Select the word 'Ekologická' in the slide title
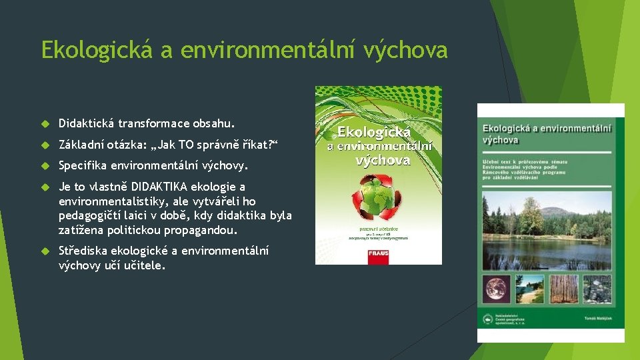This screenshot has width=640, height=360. (97, 50)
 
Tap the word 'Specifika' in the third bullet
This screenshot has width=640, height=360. (82, 165)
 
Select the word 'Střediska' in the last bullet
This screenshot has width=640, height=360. (83, 251)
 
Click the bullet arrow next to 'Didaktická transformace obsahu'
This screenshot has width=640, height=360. (46, 124)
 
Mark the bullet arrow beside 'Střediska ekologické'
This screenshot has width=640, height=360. (46, 251)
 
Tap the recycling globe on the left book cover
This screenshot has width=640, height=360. (378, 196)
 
